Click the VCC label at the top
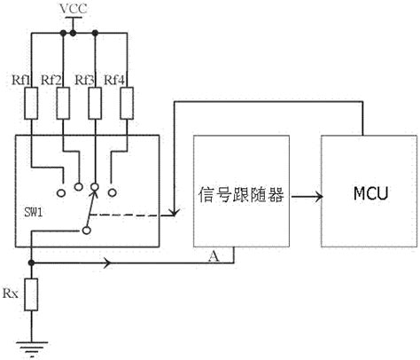(74, 9)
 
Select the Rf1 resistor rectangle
(31, 103)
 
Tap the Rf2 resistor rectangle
(63, 103)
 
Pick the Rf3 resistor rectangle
(95, 103)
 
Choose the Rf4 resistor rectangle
(127, 103)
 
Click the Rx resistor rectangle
(31, 294)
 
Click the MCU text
(370, 193)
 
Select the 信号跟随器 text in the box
(241, 194)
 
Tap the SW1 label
(34, 212)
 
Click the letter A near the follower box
(214, 256)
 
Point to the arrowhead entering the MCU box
(319, 197)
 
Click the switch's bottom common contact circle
(87, 231)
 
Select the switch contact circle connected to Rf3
(95, 187)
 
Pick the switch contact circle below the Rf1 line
(61, 193)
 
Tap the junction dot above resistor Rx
(31, 262)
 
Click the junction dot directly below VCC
(73, 33)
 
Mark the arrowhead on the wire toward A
(108, 262)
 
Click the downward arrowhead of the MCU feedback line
(175, 211)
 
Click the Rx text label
(11, 293)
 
